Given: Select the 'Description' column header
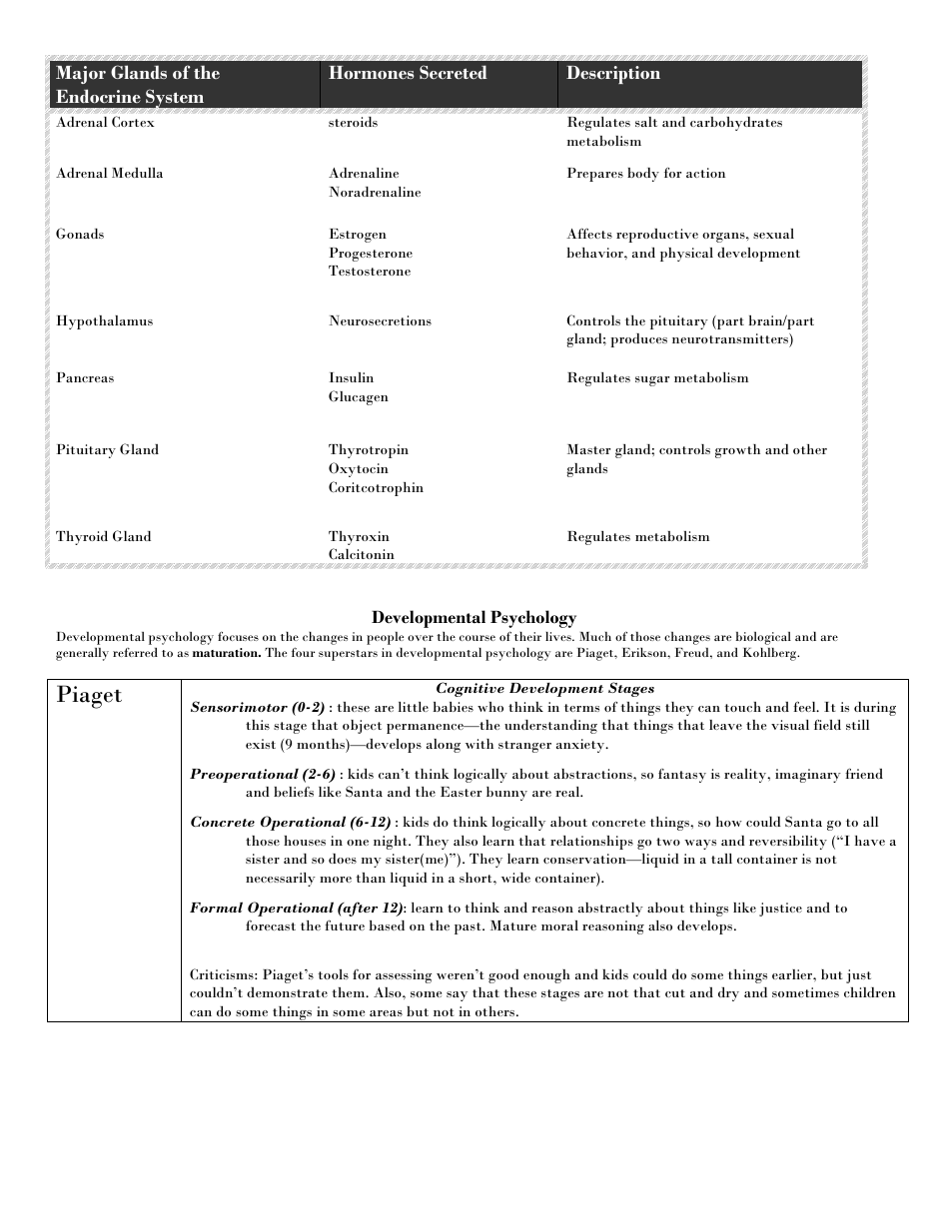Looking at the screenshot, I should pos(613,73).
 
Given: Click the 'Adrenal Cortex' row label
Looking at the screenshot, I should pos(105,123).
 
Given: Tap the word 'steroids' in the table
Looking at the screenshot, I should pos(353,123).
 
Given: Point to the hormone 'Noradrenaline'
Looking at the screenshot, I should pos(375,192).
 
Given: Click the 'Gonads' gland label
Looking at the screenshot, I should pos(80,234).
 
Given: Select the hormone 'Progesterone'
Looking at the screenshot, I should pos(371,253).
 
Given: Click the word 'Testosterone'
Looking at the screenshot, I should pos(370,271).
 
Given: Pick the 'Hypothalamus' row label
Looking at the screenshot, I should pos(104,320).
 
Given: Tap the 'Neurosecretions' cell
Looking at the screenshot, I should pos(380,320).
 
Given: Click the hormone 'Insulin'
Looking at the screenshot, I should pos(351,377).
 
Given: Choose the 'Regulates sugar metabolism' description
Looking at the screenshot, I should pos(657,377).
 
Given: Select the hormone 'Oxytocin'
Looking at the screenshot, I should pos(359,468).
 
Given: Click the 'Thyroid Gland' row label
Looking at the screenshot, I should pos(104,536).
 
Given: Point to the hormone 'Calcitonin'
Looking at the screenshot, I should pos(361,554).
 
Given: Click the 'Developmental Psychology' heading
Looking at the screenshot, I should pos(474,617).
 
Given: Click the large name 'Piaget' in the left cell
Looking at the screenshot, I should pos(89,695).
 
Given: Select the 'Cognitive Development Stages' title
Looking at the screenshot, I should pos(544,688).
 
